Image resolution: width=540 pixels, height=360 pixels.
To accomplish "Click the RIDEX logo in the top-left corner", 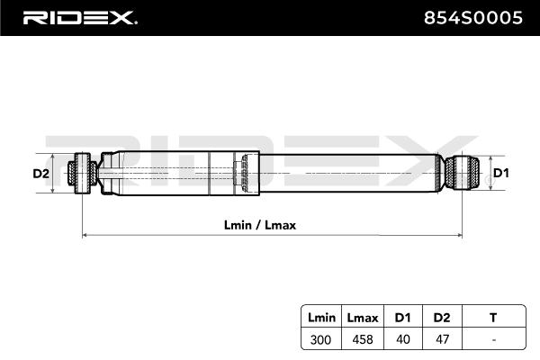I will click(79, 18).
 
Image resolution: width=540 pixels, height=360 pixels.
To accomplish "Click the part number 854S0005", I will click(472, 18).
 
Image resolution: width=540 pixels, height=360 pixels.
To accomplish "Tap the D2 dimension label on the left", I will click(40, 173).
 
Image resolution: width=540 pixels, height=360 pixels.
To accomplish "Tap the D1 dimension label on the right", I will click(501, 173).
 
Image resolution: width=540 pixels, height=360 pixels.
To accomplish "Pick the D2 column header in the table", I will click(442, 318).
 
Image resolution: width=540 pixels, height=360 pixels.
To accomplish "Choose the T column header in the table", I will click(492, 318).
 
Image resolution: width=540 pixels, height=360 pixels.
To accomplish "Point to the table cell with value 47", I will click(442, 339).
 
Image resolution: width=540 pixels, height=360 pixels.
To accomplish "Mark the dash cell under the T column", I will click(492, 339).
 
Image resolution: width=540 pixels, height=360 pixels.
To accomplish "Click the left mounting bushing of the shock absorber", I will click(84, 173).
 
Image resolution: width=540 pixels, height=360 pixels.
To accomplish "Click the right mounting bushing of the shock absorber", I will click(460, 173).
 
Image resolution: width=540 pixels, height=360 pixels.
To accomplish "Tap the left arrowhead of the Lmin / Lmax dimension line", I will click(86, 236).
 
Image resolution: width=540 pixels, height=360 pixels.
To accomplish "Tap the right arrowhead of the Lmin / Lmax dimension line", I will click(459, 236).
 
